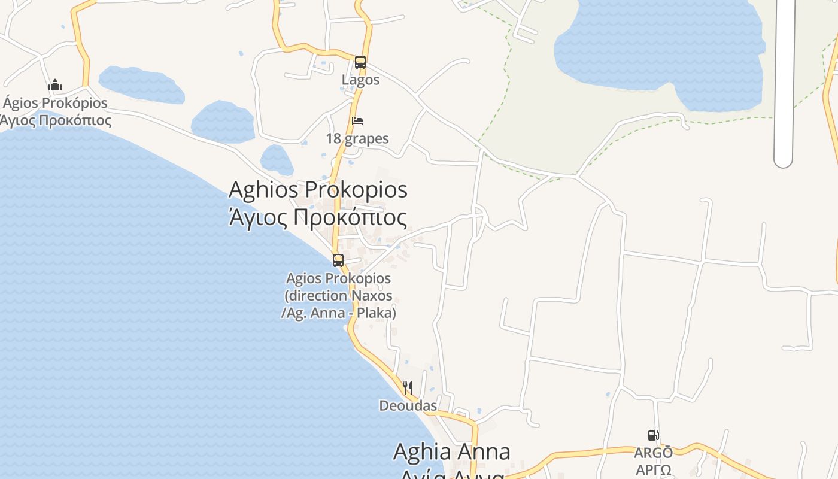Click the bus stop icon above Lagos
pos(360,62)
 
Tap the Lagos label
pos(360,80)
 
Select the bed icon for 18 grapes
pos(357,121)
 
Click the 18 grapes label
pos(357,138)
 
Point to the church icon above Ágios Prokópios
pos(55,85)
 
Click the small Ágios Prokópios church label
pos(55,102)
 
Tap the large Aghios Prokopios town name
pos(318,190)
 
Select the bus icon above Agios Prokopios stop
pos(338,260)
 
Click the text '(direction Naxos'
pos(338,296)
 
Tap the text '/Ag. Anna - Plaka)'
pos(338,313)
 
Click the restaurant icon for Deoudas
pos(408,388)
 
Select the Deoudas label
pos(408,405)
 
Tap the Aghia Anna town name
pos(451,451)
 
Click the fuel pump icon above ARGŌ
pos(653,435)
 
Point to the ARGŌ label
pos(653,452)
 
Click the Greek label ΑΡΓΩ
pos(653,469)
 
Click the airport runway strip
pos(783,84)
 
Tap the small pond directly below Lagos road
pos(277,159)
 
